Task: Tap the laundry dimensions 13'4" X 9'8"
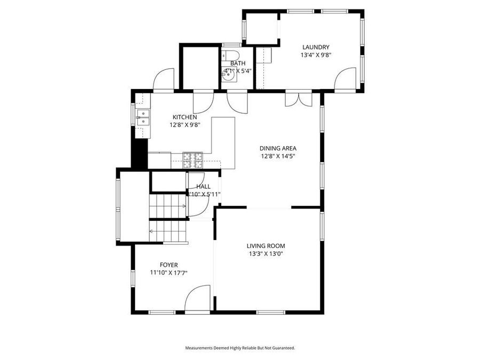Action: (x=315, y=54)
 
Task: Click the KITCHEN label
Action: (x=185, y=117)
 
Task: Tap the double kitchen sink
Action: (x=143, y=117)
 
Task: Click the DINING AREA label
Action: (x=278, y=148)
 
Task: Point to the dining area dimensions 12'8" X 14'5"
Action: (x=278, y=156)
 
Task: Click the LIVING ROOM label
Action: (x=266, y=246)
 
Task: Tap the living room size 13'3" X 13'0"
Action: (x=266, y=254)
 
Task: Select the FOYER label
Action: (x=169, y=265)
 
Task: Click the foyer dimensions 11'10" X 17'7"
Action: (x=169, y=273)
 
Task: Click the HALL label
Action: (x=203, y=187)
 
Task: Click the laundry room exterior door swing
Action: (x=346, y=79)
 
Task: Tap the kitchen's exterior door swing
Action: (x=164, y=80)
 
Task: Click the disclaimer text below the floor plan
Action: (x=240, y=348)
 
